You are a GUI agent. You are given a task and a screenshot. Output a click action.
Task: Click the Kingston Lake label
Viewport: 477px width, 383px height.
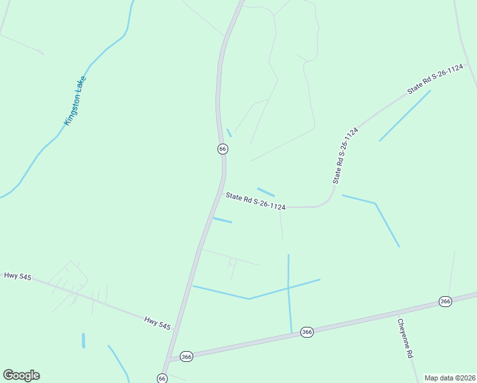point(75,101)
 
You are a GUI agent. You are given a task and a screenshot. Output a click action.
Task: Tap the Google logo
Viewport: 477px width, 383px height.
point(21,375)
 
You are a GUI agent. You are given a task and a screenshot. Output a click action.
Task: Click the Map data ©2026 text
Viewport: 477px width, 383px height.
point(450,378)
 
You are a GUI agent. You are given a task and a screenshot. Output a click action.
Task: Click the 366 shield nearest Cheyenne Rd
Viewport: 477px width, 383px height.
point(445,301)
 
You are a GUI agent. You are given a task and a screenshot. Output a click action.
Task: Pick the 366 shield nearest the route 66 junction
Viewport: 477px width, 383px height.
point(186,356)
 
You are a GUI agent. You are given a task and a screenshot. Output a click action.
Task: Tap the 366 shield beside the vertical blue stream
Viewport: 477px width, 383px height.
point(307,332)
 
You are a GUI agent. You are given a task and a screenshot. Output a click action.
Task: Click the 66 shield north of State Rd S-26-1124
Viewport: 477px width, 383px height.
point(222,149)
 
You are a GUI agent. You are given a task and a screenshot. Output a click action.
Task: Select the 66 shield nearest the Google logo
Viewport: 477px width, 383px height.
point(162,379)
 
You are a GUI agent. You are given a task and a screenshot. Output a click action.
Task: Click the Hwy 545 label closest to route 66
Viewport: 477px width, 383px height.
point(157,323)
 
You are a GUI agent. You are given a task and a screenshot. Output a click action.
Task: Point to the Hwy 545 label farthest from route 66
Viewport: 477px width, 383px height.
point(17,276)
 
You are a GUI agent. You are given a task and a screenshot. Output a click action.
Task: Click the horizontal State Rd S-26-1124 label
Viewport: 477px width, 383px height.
point(255,202)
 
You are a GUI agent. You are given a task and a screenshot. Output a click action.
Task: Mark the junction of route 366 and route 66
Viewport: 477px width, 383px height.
point(168,360)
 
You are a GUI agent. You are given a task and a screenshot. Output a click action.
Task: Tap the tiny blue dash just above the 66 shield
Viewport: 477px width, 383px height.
point(228,133)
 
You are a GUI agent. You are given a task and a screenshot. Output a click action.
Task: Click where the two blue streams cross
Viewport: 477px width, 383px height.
point(288,287)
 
